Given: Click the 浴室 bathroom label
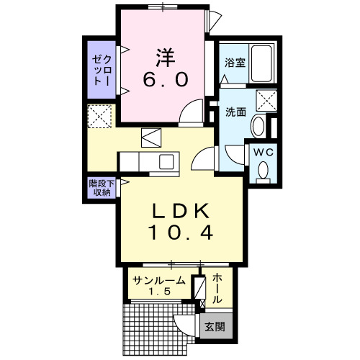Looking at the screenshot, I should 235,63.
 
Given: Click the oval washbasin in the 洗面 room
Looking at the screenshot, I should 257,127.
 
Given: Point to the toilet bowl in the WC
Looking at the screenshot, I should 263,170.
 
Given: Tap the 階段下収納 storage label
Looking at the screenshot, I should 100,187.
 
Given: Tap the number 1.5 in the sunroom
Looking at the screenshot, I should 159,293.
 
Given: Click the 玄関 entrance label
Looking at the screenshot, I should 215,327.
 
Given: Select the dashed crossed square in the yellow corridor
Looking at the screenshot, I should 99,115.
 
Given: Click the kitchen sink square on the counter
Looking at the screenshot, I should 166,161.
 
